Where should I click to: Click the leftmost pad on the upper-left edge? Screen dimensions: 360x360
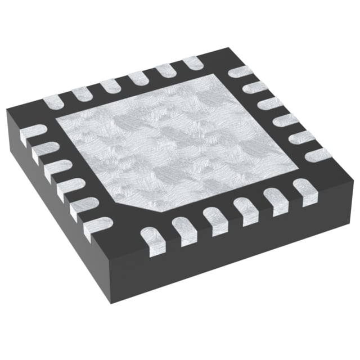click(52, 101)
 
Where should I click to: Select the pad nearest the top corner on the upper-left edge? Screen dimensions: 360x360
click(191, 61)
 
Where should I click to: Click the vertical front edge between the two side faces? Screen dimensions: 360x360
click(118, 281)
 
